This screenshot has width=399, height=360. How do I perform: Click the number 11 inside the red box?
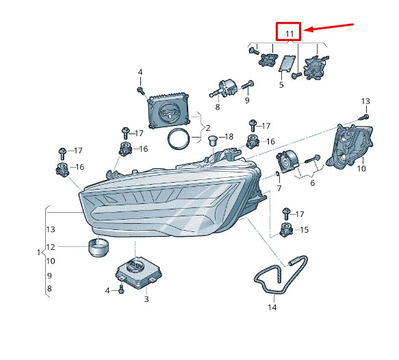(x=289, y=33)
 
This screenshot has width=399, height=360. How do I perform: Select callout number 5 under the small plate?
(x=281, y=85)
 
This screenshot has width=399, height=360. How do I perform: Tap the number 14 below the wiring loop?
(x=272, y=307)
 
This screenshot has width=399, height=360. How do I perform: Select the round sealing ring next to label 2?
(x=180, y=138)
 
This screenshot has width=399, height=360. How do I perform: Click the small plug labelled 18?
(x=212, y=142)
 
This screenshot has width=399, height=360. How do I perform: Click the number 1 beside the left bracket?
(x=39, y=253)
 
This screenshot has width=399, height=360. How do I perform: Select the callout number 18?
(x=229, y=136)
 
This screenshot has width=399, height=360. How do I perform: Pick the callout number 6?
(x=312, y=183)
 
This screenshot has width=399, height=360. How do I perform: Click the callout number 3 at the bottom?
(x=146, y=299)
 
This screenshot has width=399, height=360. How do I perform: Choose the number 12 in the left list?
(x=51, y=247)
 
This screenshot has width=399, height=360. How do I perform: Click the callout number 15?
(x=304, y=229)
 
